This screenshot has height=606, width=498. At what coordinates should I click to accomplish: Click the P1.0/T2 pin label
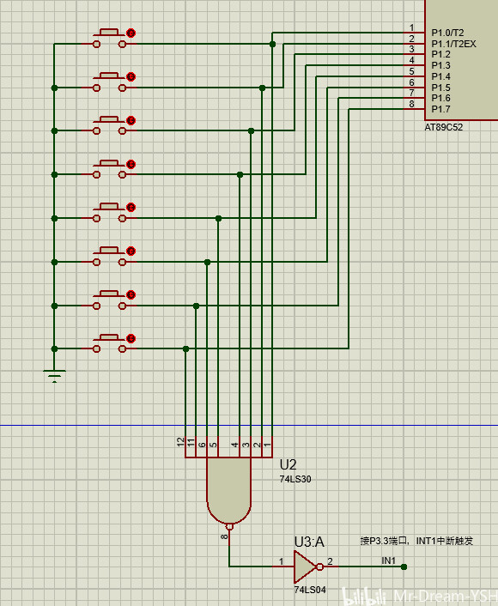447,33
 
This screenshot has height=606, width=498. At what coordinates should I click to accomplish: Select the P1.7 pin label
440,109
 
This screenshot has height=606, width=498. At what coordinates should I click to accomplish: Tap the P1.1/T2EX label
453,44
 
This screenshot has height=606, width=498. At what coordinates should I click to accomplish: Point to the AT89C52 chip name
444,128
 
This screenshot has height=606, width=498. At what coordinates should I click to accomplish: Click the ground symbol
54,375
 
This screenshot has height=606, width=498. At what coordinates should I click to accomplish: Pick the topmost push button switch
110,38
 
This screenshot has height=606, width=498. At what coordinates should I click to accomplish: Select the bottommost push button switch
110,343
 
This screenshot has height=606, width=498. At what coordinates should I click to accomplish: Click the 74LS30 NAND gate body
229,486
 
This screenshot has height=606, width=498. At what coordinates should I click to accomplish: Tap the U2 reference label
288,464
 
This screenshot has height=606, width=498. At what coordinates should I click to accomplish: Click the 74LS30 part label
295,479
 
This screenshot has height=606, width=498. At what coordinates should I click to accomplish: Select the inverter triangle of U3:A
305,567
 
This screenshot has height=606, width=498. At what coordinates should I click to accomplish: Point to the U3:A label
309,542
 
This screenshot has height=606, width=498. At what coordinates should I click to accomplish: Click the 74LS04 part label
310,590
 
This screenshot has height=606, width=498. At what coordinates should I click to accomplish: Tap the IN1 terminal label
389,561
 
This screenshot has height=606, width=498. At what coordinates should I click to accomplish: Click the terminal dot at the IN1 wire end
404,567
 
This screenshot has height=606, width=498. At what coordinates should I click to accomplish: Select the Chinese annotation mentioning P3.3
416,541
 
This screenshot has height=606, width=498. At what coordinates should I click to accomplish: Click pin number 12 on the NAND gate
180,443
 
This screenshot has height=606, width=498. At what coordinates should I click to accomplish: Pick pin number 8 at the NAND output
224,536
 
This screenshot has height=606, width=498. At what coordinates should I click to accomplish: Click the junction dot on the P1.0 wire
272,45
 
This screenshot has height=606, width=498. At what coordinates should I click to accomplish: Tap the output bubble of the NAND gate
229,526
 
